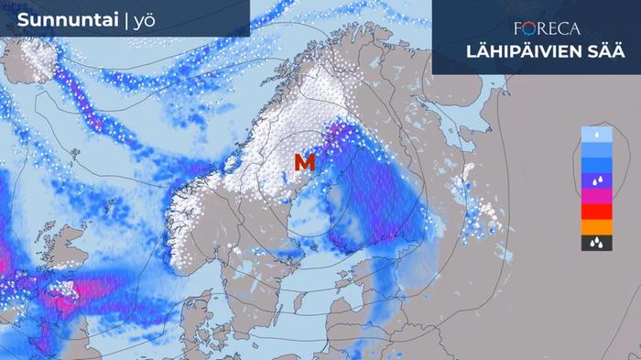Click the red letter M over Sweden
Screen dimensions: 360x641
point(305,163)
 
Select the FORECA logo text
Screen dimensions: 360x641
point(548,29)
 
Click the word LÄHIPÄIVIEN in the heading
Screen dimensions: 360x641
point(517,52)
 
